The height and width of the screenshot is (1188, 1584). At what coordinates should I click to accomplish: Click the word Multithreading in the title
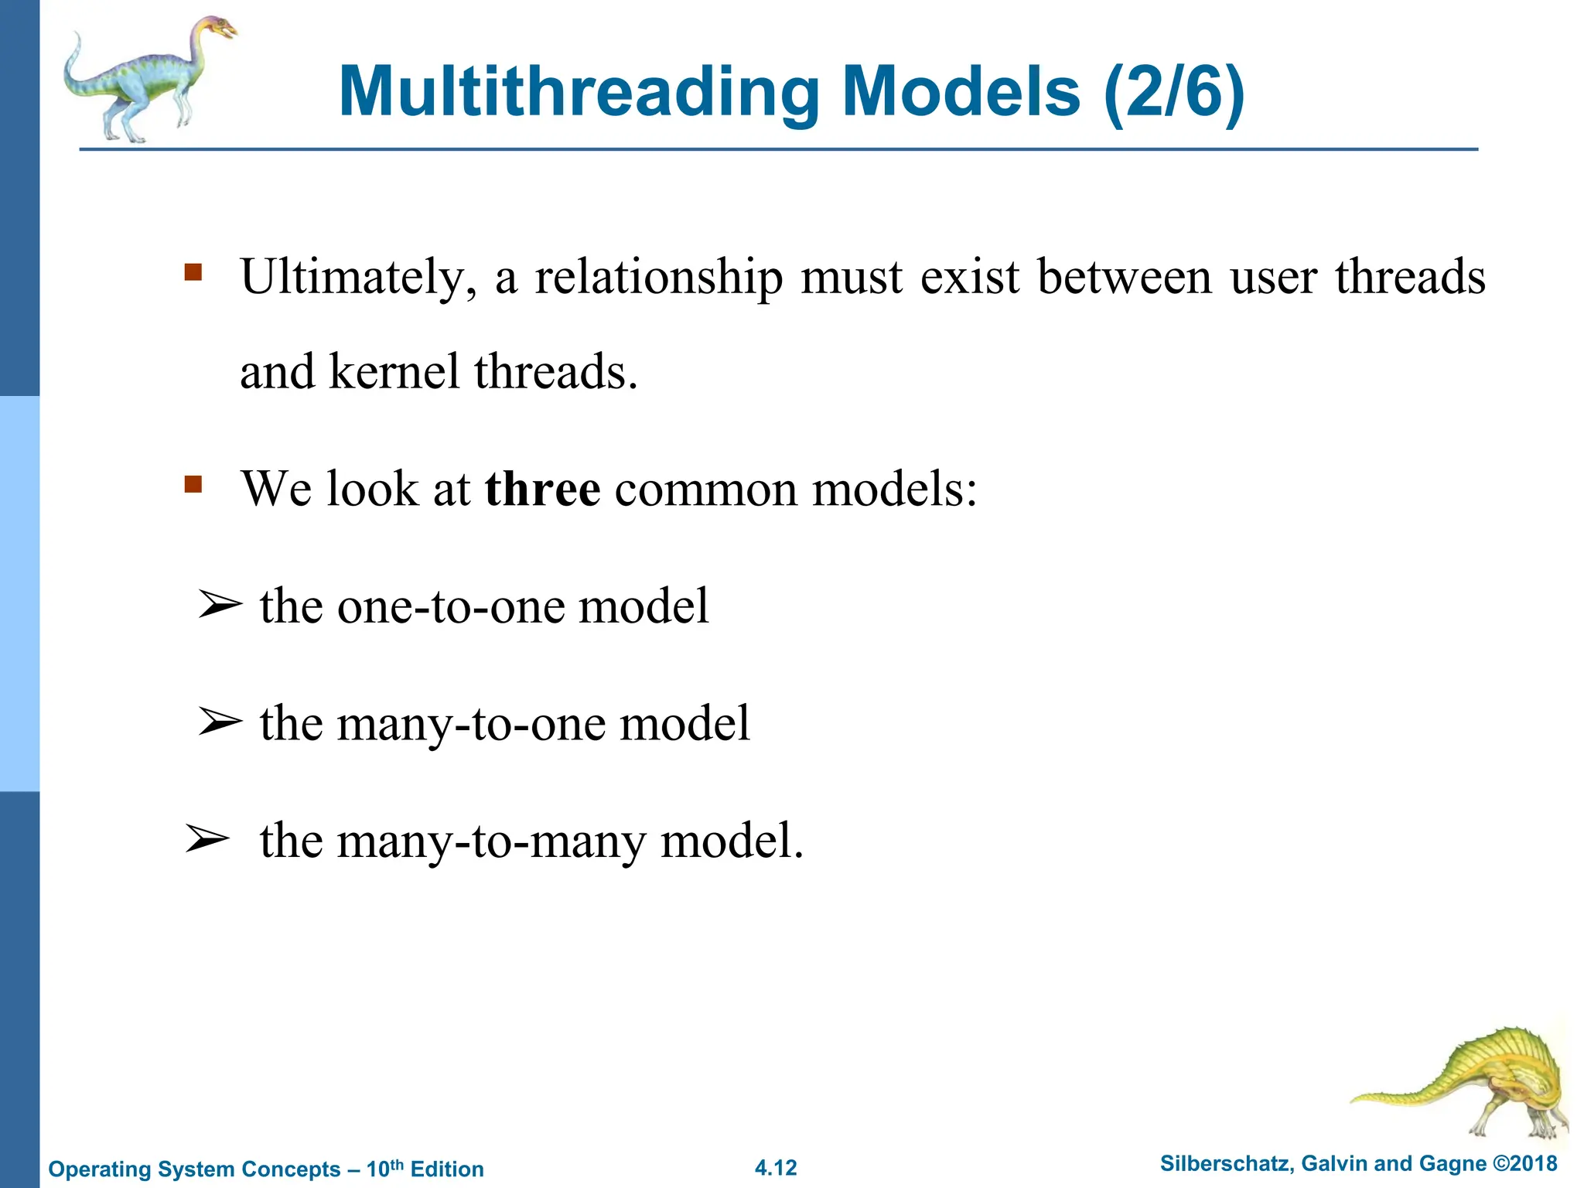(579, 92)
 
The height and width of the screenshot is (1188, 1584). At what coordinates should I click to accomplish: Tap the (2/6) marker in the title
(1175, 92)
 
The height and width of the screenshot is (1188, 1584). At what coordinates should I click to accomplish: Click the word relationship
(659, 277)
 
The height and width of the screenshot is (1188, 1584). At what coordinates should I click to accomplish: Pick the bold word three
(542, 489)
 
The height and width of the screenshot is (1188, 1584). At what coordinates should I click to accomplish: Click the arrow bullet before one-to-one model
(219, 605)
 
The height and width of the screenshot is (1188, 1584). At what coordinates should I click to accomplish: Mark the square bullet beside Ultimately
(193, 272)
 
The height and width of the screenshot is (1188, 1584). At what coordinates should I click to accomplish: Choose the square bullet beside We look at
(193, 485)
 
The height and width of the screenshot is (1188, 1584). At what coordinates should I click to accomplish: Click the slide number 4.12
(776, 1168)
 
